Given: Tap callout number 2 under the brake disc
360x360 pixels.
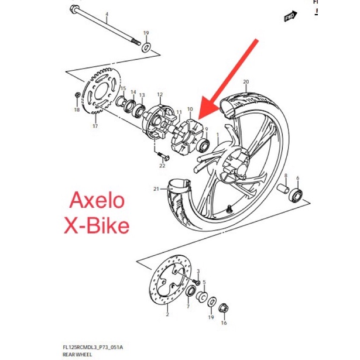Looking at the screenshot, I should click(x=167, y=314).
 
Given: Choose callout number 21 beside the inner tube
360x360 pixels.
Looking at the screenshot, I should click(x=156, y=188).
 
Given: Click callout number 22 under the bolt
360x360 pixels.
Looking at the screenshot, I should click(x=162, y=166).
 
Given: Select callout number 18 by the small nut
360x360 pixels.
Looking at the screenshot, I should click(x=76, y=109).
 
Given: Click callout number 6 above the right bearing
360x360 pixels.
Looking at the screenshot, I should click(x=297, y=178).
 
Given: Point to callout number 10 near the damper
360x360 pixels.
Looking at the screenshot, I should click(x=190, y=109).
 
